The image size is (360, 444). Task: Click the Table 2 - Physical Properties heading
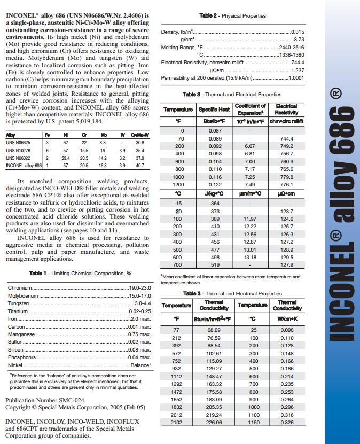(x=232, y=16)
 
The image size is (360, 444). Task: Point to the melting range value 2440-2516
(x=292, y=47)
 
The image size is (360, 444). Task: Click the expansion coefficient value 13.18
(x=250, y=257)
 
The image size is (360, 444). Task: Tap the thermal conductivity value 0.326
(x=287, y=423)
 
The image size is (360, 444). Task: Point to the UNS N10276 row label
(x=19, y=151)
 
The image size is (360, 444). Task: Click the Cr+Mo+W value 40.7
(x=140, y=166)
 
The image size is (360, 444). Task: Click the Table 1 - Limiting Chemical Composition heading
(x=80, y=274)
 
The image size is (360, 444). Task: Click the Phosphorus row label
(x=22, y=357)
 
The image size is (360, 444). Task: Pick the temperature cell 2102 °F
(x=176, y=423)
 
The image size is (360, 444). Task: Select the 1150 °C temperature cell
(x=254, y=423)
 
